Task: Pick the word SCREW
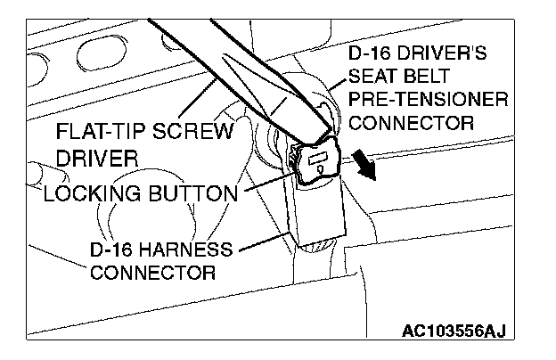pyautogui.click(x=190, y=134)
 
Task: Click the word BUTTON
pyautogui.click(x=195, y=192)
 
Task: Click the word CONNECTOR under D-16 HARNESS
pyautogui.click(x=152, y=271)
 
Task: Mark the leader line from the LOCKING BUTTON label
pyautogui.click(x=267, y=184)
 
